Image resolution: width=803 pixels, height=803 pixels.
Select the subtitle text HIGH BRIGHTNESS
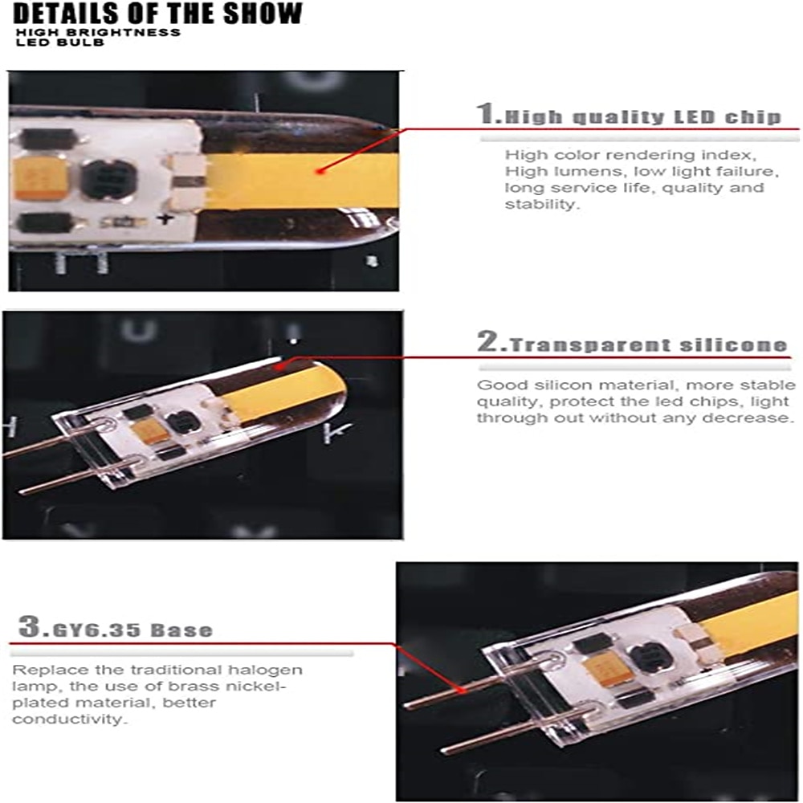tap(98, 32)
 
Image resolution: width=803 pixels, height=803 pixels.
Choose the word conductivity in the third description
tap(68, 719)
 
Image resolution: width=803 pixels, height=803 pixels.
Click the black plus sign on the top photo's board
tap(165, 218)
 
